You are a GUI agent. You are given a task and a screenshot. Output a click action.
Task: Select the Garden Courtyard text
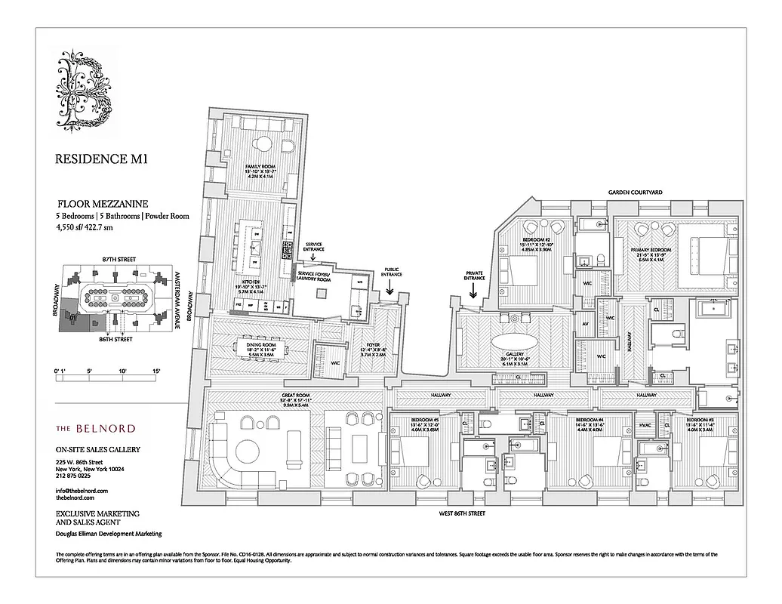click(636, 193)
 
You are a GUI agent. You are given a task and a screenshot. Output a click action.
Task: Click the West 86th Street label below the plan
click(461, 513)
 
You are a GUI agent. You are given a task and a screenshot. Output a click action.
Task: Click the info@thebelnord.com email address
click(82, 491)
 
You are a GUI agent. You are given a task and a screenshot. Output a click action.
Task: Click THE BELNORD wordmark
click(96, 428)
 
